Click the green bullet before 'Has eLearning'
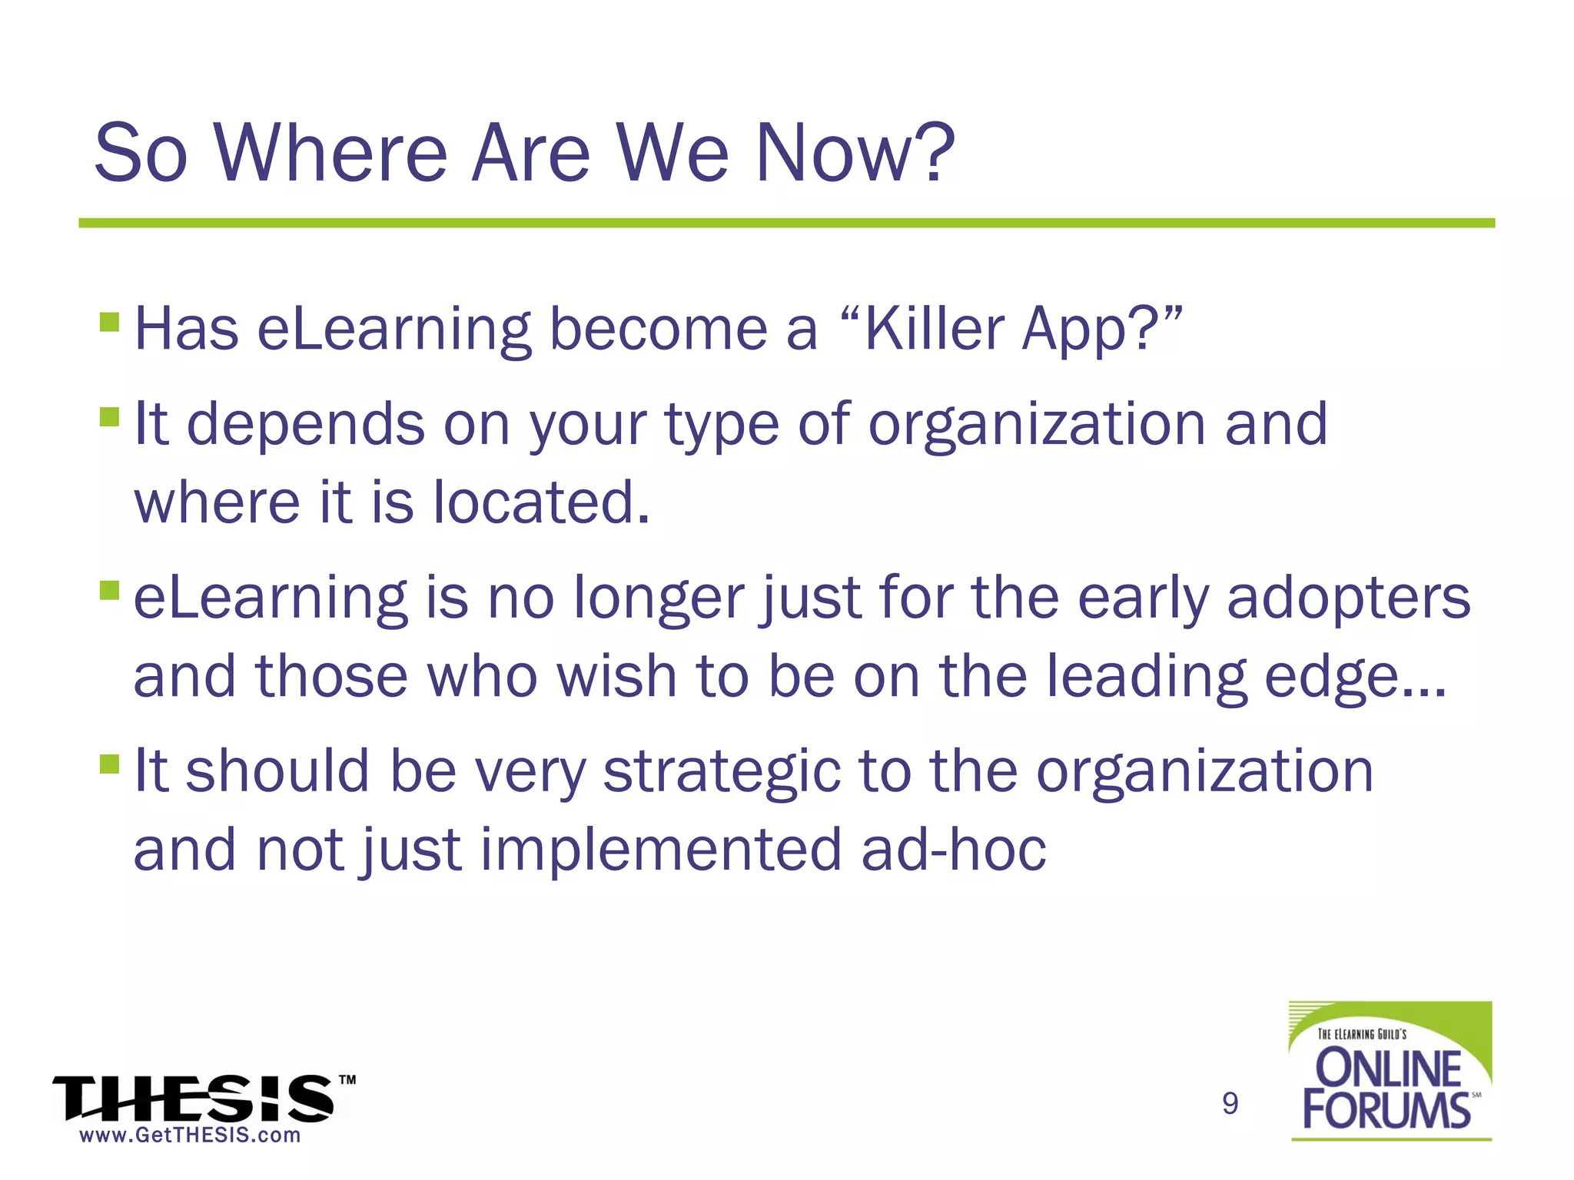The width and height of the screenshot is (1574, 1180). tap(110, 321)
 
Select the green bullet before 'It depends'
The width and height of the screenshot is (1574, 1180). tap(110, 416)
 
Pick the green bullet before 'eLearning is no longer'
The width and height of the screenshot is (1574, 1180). tap(110, 590)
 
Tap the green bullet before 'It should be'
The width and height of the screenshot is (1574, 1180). tap(110, 764)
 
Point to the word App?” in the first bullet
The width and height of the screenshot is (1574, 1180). tap(1102, 330)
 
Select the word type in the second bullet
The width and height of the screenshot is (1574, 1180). tap(722, 426)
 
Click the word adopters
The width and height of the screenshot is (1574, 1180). tap(1348, 599)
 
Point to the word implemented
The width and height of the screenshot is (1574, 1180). tap(661, 851)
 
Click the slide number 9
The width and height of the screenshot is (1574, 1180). tap(1230, 1104)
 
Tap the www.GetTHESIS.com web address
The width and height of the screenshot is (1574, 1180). tap(190, 1135)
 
